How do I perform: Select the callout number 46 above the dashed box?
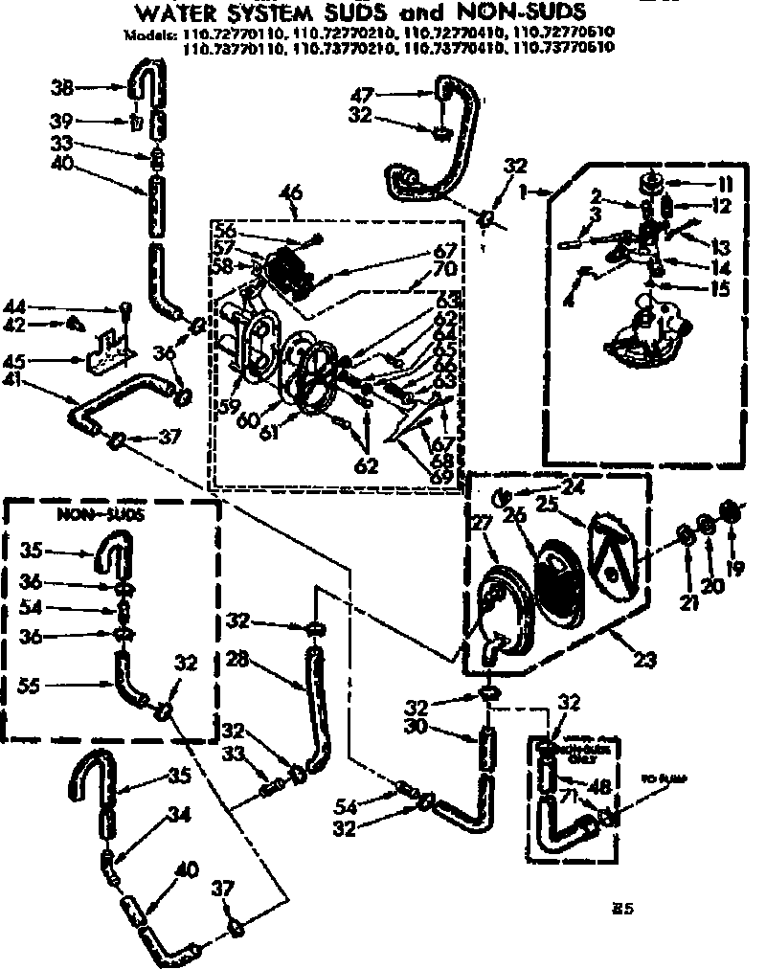point(290,193)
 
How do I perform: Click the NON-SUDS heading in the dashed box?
point(86,514)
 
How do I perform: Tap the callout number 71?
point(569,797)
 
